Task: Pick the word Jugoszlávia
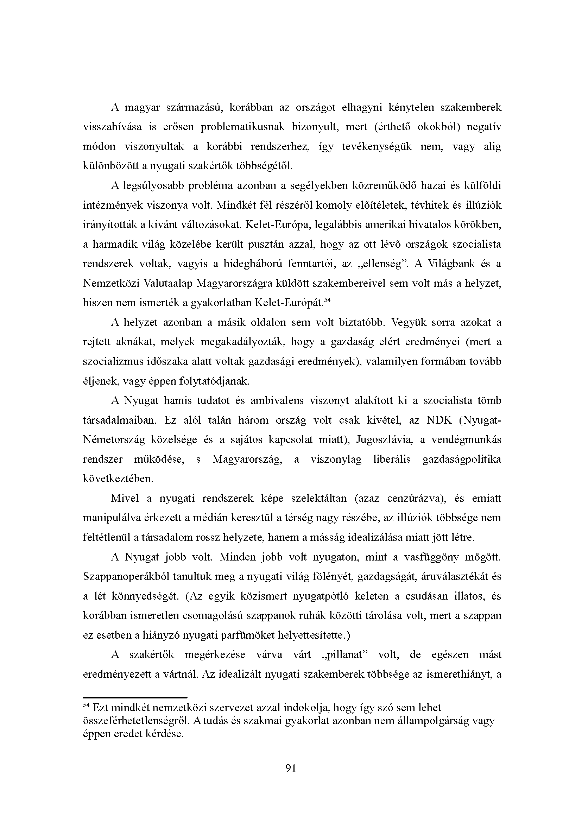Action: pyautogui.click(x=385, y=440)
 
